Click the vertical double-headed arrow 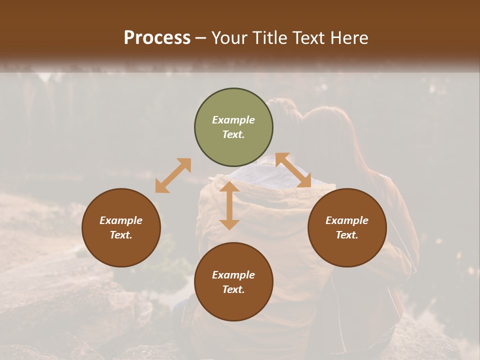click(x=229, y=205)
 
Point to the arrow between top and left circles click(x=173, y=175)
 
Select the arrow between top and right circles click(x=293, y=170)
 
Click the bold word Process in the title click(x=157, y=38)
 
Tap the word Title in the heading click(x=270, y=38)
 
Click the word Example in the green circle click(x=233, y=120)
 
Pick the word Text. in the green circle click(x=233, y=134)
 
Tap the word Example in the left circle click(x=121, y=220)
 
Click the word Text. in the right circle click(x=347, y=235)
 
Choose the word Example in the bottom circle click(x=233, y=275)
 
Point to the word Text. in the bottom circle click(x=233, y=289)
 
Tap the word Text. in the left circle click(x=121, y=235)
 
